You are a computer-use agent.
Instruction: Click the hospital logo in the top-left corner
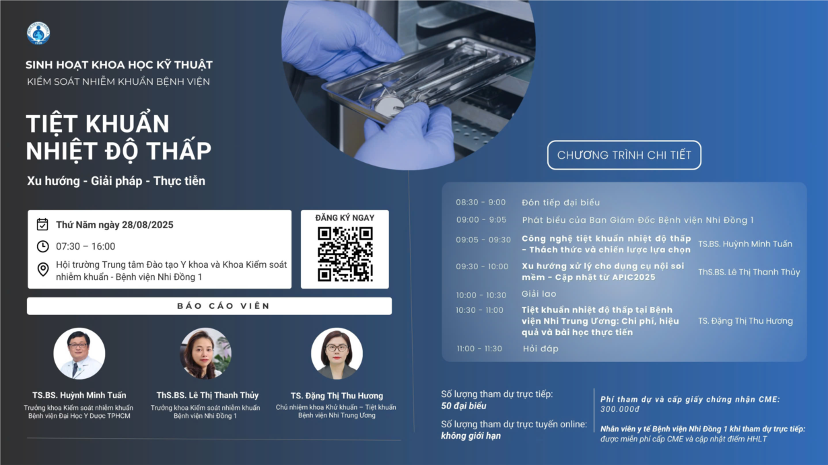pos(38,33)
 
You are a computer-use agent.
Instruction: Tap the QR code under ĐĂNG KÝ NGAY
pos(345,254)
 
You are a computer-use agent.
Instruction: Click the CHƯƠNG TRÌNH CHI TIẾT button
pos(624,155)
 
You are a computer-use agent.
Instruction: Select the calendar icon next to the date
pos(42,224)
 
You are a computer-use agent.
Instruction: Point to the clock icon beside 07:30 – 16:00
pos(42,246)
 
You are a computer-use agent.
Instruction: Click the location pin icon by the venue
pos(43,269)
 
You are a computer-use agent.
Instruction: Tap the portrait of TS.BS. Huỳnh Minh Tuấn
pos(79,353)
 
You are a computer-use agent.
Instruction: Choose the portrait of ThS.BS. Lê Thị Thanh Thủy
pos(205,353)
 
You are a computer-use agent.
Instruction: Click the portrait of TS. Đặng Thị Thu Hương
pos(337,353)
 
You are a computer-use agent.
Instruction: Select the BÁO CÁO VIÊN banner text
pos(223,306)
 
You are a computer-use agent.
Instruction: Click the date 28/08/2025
pos(147,225)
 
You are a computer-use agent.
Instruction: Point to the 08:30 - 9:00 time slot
pos(481,202)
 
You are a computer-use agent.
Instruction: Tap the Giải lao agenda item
pos(539,294)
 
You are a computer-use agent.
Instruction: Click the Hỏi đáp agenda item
pos(541,349)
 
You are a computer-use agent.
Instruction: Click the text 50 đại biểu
pos(464,406)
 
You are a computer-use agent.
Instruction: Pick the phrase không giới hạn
pos(471,436)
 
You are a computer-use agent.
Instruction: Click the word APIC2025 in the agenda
pos(633,277)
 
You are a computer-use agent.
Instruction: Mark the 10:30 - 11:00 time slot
pos(479,310)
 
